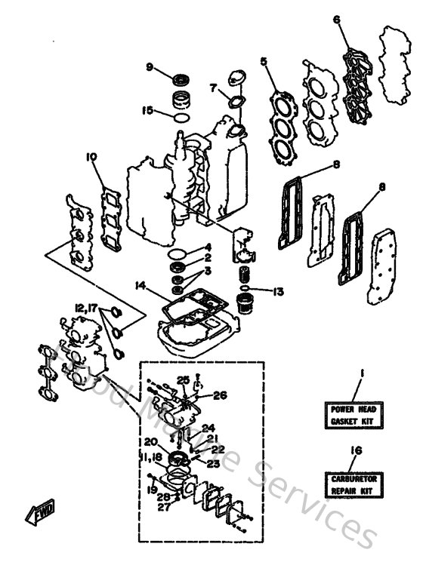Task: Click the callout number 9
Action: [150, 67]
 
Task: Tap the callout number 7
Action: [214, 87]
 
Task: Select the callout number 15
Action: [148, 110]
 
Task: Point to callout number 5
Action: [264, 61]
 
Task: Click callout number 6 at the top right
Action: [337, 20]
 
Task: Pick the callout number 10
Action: [92, 157]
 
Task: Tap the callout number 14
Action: [139, 286]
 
